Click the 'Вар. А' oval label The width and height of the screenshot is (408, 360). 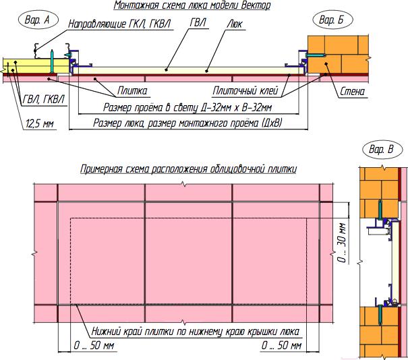38,20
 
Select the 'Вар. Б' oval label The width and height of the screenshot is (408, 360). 332,20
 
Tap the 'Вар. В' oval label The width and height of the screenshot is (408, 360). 382,150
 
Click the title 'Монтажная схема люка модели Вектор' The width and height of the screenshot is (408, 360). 192,5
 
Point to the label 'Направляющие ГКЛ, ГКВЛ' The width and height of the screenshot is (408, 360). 119,24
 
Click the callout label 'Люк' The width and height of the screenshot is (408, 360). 235,24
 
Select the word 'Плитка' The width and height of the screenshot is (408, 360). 132,91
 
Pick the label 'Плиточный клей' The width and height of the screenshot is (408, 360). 245,91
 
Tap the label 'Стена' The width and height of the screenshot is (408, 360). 353,92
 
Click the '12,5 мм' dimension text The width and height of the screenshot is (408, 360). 40,123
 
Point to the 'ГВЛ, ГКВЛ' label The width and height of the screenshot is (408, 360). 43,100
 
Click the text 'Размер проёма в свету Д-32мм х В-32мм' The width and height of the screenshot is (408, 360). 187,107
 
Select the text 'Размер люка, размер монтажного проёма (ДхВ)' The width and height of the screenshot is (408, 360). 187,123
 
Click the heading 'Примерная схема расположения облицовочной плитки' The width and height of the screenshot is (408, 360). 188,169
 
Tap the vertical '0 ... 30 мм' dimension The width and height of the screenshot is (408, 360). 342,243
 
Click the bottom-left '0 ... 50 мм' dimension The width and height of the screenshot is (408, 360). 94,345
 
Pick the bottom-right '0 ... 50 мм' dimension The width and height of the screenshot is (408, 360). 281,345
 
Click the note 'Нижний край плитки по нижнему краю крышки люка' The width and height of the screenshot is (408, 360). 196,332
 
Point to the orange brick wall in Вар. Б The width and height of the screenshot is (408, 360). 339,55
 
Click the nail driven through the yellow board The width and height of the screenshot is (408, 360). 52,61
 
